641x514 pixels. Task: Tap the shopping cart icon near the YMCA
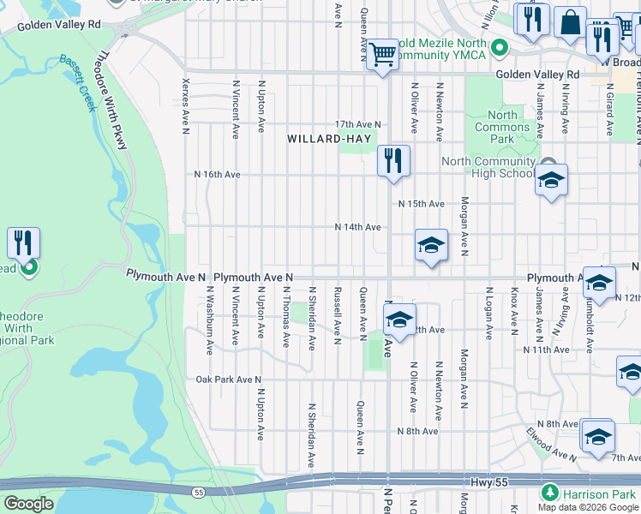click(382, 53)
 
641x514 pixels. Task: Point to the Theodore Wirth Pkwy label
click(112, 101)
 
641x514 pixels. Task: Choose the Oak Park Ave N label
click(228, 380)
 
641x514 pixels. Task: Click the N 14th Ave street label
click(357, 227)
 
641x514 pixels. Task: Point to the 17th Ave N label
click(357, 124)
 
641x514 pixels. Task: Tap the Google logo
click(29, 504)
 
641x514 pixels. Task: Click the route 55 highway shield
click(199, 493)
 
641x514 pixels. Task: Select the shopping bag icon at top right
click(569, 23)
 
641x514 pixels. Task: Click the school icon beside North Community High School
click(552, 180)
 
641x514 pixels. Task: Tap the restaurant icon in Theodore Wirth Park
click(23, 242)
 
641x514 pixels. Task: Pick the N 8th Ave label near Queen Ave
click(417, 431)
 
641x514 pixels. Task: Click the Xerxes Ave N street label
click(185, 107)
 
